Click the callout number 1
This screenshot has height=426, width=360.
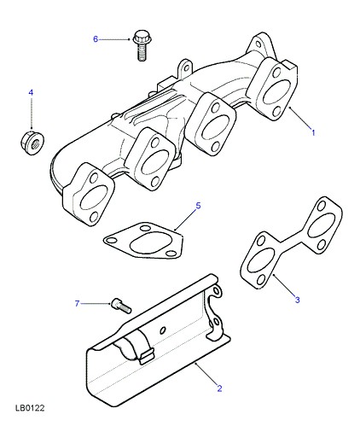[313, 132]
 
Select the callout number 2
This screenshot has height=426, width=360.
[219, 388]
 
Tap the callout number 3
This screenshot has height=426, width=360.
[297, 300]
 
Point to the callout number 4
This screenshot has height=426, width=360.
[31, 92]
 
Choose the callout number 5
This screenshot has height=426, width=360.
[198, 206]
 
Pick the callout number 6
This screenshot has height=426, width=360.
[96, 39]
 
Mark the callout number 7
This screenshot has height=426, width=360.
[77, 304]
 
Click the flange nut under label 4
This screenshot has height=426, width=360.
[32, 142]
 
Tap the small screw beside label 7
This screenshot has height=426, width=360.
[121, 306]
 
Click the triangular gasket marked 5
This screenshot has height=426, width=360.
[143, 241]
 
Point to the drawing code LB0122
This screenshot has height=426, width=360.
[30, 408]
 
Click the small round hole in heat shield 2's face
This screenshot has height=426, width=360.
[163, 330]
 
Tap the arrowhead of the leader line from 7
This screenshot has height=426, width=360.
[110, 304]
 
